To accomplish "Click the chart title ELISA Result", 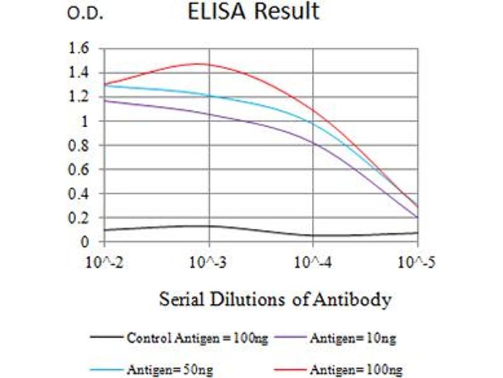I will click(253, 12).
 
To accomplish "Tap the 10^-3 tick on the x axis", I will click(209, 261).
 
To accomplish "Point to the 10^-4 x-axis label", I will click(313, 261).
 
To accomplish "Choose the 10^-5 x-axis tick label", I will click(417, 261).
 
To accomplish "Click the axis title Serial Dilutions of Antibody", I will click(275, 299).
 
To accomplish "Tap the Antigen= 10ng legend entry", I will click(352, 338).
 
